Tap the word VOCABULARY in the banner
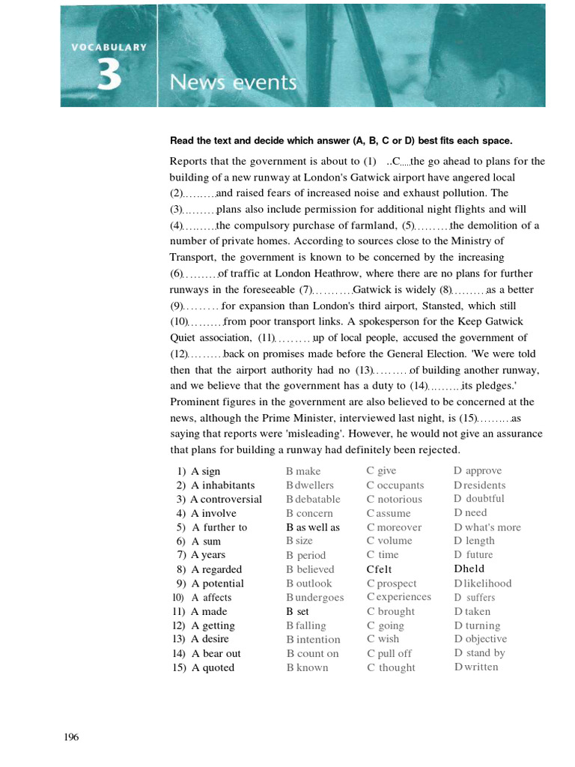coord(109,46)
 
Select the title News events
coord(233,82)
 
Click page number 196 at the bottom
coord(71,737)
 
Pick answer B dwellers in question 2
coord(310,485)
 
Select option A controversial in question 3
coord(226,500)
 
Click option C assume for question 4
coord(389,514)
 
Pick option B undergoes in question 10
coord(315,598)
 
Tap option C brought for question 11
coord(391,611)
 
